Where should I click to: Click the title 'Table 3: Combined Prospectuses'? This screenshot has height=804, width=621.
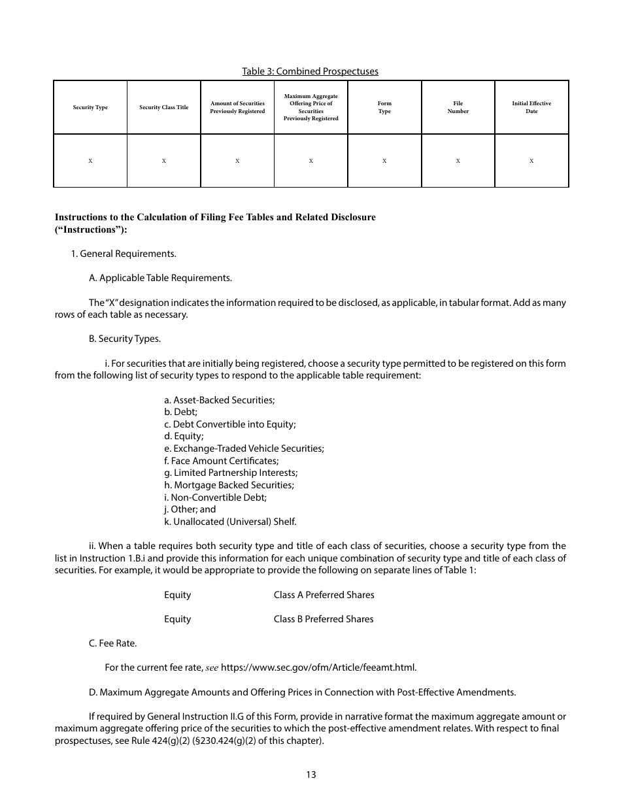(x=310, y=71)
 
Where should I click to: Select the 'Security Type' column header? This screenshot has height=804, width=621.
(x=90, y=107)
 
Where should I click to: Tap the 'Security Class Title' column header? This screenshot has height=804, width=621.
(x=163, y=107)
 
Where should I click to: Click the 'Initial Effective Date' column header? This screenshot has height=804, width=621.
(x=531, y=107)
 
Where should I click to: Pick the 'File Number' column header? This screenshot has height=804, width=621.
(x=458, y=107)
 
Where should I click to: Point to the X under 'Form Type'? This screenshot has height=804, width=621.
(x=384, y=161)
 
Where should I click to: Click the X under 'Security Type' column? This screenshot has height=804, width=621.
(x=90, y=161)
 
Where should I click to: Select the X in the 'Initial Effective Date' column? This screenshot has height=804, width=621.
(x=531, y=161)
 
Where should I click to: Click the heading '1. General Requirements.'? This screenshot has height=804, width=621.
(x=124, y=254)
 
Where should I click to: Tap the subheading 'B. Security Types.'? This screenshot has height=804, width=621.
(x=124, y=339)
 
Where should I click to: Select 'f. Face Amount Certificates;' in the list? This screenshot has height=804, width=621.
(x=221, y=461)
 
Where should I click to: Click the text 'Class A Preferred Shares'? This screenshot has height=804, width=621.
(x=324, y=595)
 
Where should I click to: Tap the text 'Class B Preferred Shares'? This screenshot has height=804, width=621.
(x=324, y=619)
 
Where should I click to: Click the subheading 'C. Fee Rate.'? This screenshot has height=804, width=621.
(x=112, y=643)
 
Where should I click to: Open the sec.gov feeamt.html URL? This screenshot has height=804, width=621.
(x=318, y=667)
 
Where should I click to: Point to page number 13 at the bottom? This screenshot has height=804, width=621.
(x=310, y=775)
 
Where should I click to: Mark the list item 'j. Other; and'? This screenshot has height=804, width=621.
(x=190, y=509)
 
